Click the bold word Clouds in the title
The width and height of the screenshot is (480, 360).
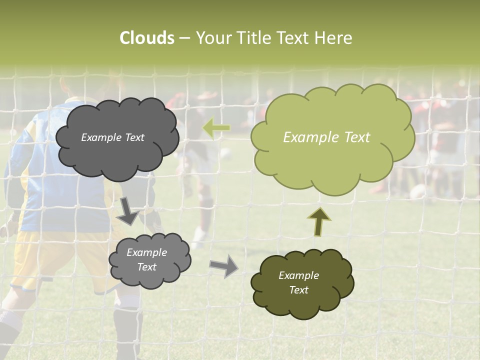pyautogui.click(x=147, y=38)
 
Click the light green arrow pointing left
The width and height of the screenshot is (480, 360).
pyautogui.click(x=216, y=128)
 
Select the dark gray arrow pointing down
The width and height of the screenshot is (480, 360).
pyautogui.click(x=128, y=210)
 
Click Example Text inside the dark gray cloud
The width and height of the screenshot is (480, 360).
pyautogui.click(x=112, y=137)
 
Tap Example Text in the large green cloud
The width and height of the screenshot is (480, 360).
pyautogui.click(x=326, y=137)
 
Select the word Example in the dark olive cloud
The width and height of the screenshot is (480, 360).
pyautogui.click(x=298, y=275)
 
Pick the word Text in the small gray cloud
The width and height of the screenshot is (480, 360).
pyautogui.click(x=146, y=267)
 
